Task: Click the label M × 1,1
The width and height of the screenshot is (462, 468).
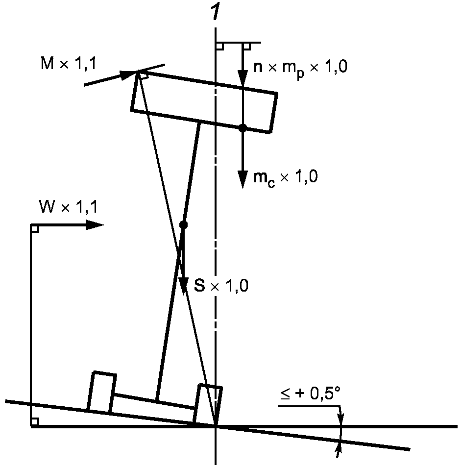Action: point(69,63)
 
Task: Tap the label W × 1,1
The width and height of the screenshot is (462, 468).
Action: point(69,206)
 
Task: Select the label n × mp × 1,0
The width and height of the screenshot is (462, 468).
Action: point(300,68)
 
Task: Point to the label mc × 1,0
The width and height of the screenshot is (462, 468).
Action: point(285,178)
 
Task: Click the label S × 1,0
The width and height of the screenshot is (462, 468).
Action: point(221,286)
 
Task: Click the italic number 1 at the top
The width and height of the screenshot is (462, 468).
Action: point(215,11)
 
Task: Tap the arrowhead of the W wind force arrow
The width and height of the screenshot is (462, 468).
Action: point(95,225)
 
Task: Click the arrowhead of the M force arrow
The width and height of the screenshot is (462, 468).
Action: point(128,74)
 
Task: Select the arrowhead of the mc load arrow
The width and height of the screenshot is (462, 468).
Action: point(243,179)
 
